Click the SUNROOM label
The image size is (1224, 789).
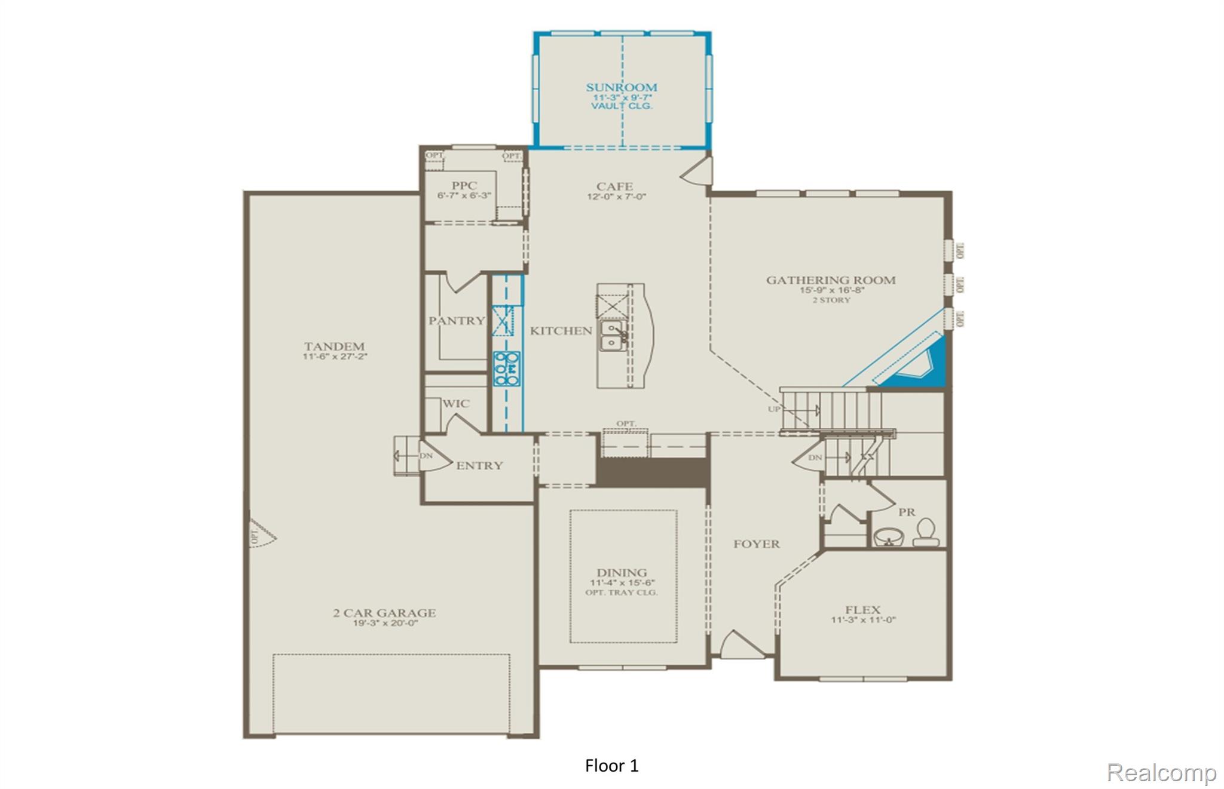tap(621, 87)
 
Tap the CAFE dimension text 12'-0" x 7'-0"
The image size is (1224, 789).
tap(616, 197)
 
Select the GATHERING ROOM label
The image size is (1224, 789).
tap(831, 280)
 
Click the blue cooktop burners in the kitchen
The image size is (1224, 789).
tap(506, 368)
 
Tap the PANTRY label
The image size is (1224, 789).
tap(457, 321)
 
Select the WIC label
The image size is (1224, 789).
tap(456, 403)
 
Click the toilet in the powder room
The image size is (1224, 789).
tap(925, 532)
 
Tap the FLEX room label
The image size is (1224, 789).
tap(862, 609)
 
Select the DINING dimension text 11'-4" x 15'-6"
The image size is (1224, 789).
tap(622, 582)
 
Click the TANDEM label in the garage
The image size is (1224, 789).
tap(334, 346)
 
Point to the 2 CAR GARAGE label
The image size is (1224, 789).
tap(384, 612)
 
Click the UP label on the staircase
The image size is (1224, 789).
tap(774, 409)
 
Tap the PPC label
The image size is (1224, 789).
tap(464, 186)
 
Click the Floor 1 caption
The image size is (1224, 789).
tap(611, 766)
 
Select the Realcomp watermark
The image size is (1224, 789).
tap(1161, 772)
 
